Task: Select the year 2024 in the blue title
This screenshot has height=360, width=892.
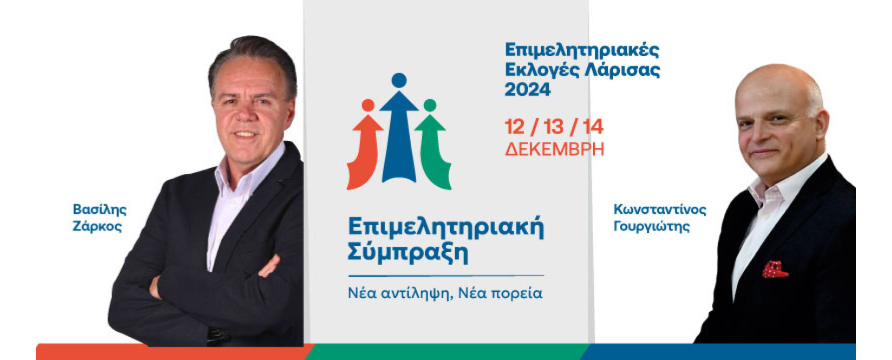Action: pos(528,89)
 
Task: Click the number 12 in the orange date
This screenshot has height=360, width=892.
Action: pos(515,127)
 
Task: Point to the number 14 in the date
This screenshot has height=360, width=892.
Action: pos(593,127)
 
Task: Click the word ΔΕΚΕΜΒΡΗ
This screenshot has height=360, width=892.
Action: pos(555,150)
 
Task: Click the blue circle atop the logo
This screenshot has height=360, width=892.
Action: pos(399,80)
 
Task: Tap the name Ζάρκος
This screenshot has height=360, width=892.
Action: pos(97,227)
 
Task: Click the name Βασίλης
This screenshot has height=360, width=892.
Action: pos(99,209)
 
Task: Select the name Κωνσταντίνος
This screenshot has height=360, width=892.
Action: pos(660,209)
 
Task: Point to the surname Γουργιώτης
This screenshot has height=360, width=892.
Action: pos(651,227)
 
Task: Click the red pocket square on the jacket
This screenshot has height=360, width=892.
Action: pos(775,269)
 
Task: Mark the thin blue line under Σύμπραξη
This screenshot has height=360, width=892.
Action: pos(446,276)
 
